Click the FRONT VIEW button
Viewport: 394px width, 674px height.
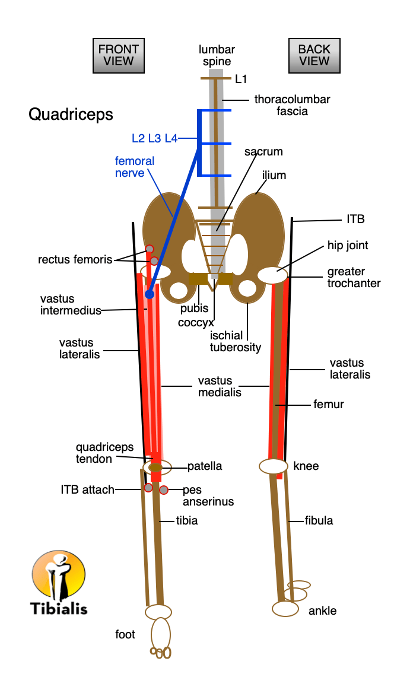click(119, 55)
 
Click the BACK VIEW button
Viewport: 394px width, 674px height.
click(314, 55)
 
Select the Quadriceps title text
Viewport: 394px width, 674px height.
click(71, 115)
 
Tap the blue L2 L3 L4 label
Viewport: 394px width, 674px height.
click(154, 138)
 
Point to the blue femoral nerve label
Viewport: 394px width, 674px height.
click(134, 167)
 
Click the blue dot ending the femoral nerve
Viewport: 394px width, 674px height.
click(149, 294)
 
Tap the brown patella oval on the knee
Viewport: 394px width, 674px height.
click(155, 468)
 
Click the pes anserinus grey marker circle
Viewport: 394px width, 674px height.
click(164, 490)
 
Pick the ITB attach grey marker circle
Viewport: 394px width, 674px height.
click(148, 488)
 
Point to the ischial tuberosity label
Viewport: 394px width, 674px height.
click(235, 341)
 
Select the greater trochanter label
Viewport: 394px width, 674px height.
click(354, 278)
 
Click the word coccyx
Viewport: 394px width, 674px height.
click(196, 323)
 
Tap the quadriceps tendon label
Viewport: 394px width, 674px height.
click(104, 453)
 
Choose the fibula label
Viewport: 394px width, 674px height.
click(319, 520)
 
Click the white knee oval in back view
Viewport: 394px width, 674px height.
click(274, 466)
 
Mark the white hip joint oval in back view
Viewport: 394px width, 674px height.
click(272, 275)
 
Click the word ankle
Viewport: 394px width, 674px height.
click(322, 611)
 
